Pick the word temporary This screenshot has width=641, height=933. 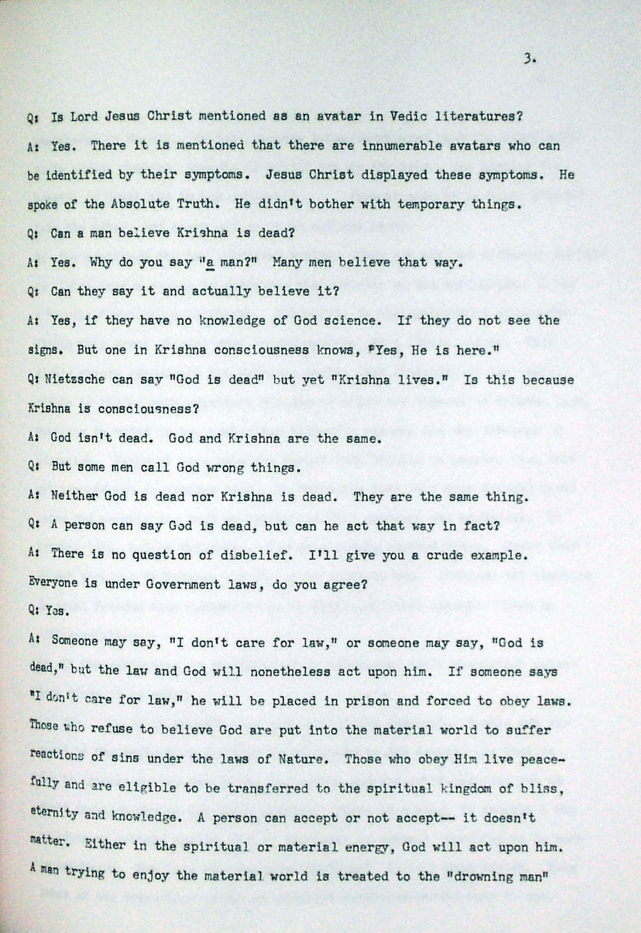(x=431, y=204)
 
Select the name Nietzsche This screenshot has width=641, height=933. (x=75, y=380)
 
